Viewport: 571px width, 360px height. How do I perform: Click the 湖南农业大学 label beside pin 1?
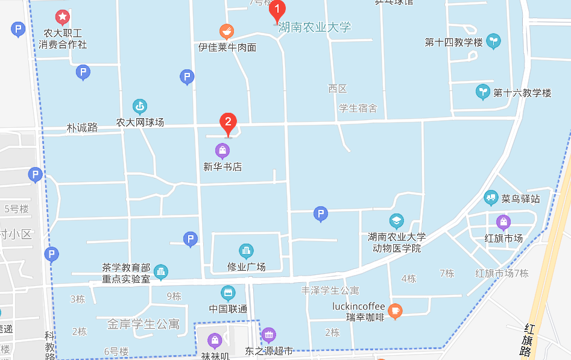point(315,27)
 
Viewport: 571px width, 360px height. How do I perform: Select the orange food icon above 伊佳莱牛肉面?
point(226,31)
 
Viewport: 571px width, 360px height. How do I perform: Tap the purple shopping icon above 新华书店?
point(222,150)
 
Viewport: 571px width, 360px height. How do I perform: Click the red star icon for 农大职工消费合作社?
point(63,17)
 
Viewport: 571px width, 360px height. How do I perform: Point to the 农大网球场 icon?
point(140,107)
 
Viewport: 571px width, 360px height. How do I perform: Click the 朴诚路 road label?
point(82,128)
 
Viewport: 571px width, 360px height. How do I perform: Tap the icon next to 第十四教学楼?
point(493,41)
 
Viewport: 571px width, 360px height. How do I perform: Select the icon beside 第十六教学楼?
point(482,92)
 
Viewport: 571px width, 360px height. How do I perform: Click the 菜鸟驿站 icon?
point(491,197)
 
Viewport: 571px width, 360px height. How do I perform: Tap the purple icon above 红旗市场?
point(503,222)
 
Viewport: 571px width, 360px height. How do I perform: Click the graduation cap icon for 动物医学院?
point(396,221)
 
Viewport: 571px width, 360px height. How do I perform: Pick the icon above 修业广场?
point(246,251)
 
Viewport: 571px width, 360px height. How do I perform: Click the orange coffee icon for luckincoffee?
point(395,311)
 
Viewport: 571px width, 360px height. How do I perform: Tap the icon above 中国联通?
point(228,294)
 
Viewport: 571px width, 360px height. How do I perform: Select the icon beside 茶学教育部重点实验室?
point(160,272)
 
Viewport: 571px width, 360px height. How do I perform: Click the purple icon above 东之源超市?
point(268,335)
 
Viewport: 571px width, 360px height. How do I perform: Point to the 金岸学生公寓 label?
point(144,324)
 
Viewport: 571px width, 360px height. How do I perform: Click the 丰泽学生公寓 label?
point(330,291)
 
